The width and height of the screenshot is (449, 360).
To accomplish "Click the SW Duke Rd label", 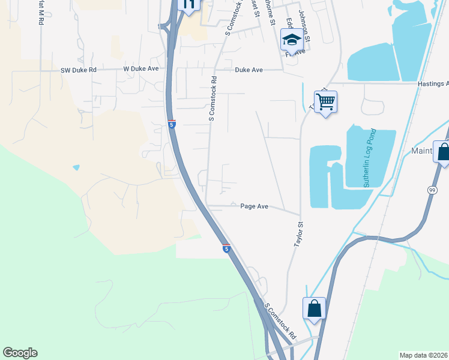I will (x=79, y=70).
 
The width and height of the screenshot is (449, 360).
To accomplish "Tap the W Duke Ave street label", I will (x=141, y=69).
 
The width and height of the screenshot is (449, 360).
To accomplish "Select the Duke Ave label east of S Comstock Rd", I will (x=249, y=70).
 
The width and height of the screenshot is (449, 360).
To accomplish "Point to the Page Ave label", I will (x=254, y=206).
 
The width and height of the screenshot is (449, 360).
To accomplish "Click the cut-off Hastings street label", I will (x=433, y=84).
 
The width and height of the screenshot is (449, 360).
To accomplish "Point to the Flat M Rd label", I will (x=40, y=12).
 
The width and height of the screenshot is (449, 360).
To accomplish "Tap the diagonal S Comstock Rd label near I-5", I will (x=280, y=322).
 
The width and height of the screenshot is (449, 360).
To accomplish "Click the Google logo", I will (x=20, y=353).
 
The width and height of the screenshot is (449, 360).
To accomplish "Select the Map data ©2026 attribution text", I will (x=424, y=355).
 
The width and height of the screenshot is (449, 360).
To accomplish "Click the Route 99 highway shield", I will (x=432, y=190).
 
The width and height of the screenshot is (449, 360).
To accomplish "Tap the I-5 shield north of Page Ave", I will (x=172, y=124).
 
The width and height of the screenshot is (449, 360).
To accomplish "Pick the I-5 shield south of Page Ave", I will (x=226, y=248).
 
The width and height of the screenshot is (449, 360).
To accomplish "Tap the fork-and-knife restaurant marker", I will (x=189, y=5).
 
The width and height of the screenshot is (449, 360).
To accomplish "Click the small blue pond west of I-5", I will (x=76, y=167).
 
